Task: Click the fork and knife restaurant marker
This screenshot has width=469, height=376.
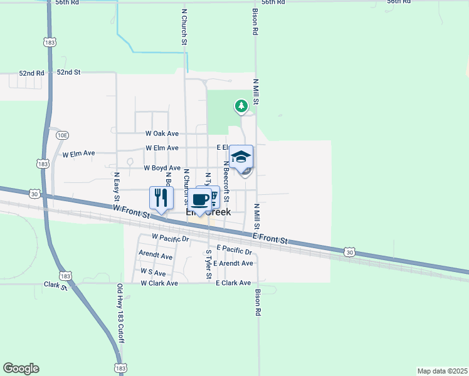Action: click(x=161, y=198)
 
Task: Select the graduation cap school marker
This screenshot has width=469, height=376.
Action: click(x=241, y=157)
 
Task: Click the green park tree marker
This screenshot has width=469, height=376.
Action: click(x=241, y=106)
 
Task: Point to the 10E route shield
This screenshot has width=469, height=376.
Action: click(x=61, y=135)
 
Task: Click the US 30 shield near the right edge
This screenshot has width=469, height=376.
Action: click(x=350, y=252)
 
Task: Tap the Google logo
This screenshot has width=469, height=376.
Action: click(x=21, y=368)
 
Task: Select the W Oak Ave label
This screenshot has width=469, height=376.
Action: click(x=162, y=133)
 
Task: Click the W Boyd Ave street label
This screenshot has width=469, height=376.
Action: click(x=162, y=168)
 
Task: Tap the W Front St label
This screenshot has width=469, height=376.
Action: click(x=132, y=211)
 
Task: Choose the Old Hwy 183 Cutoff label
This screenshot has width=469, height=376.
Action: click(x=120, y=314)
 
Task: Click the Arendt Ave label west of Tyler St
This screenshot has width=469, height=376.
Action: click(x=155, y=256)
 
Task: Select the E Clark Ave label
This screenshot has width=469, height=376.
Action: click(x=233, y=283)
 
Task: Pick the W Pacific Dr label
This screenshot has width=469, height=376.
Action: click(x=170, y=238)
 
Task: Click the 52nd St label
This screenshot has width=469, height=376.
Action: click(x=69, y=73)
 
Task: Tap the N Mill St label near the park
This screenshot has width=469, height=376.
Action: click(x=256, y=91)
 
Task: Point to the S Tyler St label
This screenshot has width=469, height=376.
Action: click(x=209, y=264)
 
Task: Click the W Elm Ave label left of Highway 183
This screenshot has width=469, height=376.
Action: click(x=78, y=153)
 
